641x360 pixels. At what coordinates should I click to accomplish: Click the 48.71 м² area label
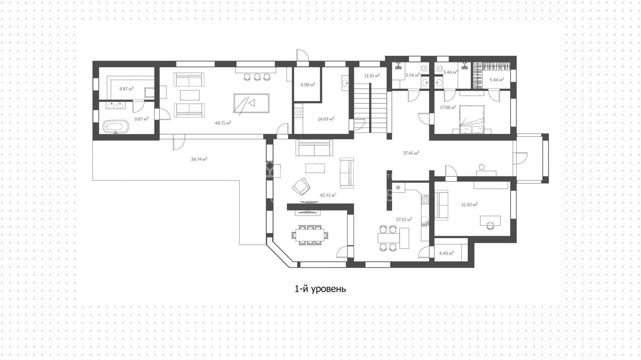click(x=223, y=123)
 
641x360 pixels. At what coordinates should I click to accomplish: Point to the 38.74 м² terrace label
click(x=199, y=159)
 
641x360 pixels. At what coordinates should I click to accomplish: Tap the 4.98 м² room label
click(x=307, y=85)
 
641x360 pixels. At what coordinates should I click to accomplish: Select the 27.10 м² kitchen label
click(x=404, y=219)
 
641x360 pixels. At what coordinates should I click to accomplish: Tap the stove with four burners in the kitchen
click(x=426, y=200)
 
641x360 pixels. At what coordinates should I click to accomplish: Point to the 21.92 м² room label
click(x=469, y=205)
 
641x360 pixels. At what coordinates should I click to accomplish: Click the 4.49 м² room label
click(x=446, y=253)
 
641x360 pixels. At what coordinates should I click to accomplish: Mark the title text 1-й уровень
click(x=320, y=289)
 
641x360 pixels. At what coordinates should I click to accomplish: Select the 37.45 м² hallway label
click(x=411, y=153)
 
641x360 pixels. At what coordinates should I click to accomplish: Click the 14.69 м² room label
click(x=326, y=119)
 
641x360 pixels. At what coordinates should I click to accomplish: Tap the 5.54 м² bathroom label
click(x=413, y=75)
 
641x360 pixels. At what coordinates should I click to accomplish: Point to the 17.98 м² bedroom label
click(x=448, y=108)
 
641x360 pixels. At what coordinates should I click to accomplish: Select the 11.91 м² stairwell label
click(x=372, y=76)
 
